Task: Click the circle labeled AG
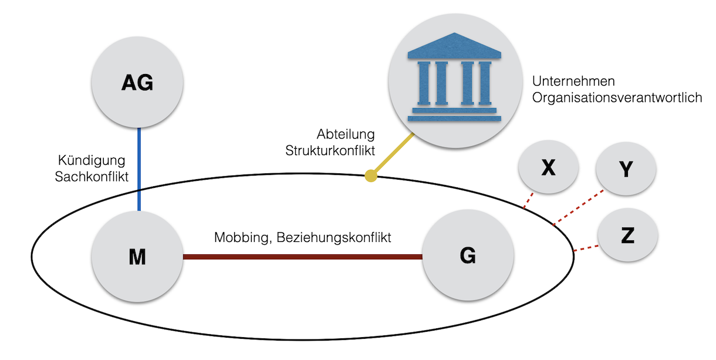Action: point(137,83)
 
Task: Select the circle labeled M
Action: point(137,257)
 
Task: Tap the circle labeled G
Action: point(468,257)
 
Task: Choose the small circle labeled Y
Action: point(626,170)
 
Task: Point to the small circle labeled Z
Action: point(627,236)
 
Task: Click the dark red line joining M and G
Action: point(302,257)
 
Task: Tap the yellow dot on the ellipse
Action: point(370,175)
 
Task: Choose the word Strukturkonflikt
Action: point(330,150)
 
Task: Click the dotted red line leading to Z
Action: point(585,248)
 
